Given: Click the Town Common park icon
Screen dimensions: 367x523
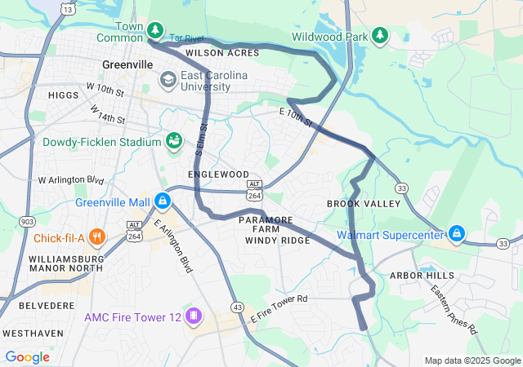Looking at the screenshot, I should [x=154, y=31].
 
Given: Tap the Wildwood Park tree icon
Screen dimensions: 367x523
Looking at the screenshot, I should [x=379, y=35].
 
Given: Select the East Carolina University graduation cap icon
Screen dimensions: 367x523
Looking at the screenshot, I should [x=168, y=79].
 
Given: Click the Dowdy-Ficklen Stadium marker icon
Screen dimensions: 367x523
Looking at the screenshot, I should [x=173, y=142].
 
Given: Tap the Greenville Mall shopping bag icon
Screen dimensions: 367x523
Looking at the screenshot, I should [x=163, y=200].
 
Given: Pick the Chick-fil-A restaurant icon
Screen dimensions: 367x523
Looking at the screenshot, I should [x=96, y=237].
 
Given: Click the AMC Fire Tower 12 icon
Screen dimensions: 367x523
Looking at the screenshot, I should [x=194, y=316].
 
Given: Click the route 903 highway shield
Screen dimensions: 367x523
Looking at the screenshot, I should [x=28, y=222].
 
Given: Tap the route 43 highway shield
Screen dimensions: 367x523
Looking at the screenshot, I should [x=237, y=307].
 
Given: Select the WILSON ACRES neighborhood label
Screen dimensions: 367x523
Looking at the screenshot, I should [x=221, y=53].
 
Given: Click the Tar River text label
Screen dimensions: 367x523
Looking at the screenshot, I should [x=186, y=38].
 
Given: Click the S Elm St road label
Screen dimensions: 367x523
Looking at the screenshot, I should [x=202, y=139].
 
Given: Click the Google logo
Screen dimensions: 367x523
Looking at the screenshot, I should [x=27, y=356].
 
